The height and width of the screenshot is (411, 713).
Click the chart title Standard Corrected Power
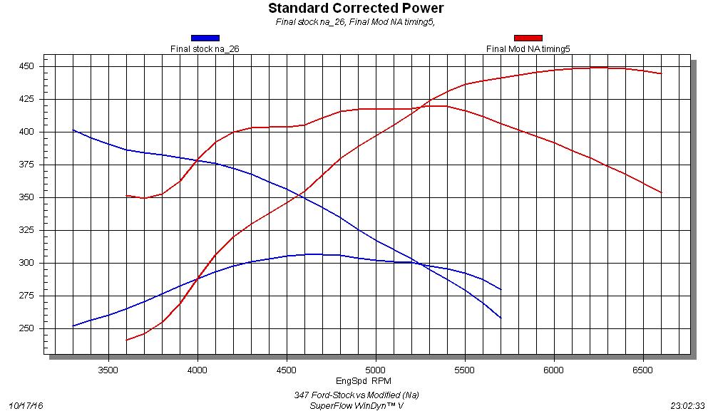point(356,9)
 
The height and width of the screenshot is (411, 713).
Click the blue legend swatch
point(205,38)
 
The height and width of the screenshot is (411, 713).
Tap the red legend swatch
point(528,38)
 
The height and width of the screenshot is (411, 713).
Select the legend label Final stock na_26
point(204,49)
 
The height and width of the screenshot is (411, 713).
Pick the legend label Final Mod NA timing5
point(528,49)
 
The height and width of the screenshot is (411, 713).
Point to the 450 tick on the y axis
point(27,66)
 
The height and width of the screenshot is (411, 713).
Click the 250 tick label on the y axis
point(27,328)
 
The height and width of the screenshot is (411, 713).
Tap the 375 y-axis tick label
point(27,165)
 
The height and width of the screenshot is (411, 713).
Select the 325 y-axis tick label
point(27,230)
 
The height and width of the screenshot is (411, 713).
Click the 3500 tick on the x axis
point(108,370)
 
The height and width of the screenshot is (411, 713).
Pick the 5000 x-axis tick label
point(376,370)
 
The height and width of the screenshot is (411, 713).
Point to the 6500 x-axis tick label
point(643,370)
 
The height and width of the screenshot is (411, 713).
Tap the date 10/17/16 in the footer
point(26,405)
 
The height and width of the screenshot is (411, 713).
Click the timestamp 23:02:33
point(687,405)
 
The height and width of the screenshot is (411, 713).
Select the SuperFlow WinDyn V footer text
point(356,405)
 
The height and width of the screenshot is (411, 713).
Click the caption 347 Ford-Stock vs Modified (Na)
point(356,395)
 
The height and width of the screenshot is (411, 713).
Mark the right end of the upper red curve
point(661,73)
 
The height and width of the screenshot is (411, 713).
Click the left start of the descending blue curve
point(73,130)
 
